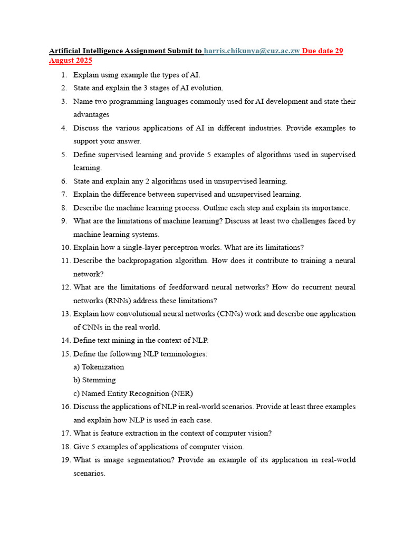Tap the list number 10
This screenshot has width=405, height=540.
pyautogui.click(x=65, y=247)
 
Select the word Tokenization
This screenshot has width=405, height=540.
pyautogui.click(x=103, y=367)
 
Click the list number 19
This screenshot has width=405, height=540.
pyautogui.click(x=65, y=460)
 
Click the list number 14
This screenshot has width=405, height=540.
pyautogui.click(x=65, y=340)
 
